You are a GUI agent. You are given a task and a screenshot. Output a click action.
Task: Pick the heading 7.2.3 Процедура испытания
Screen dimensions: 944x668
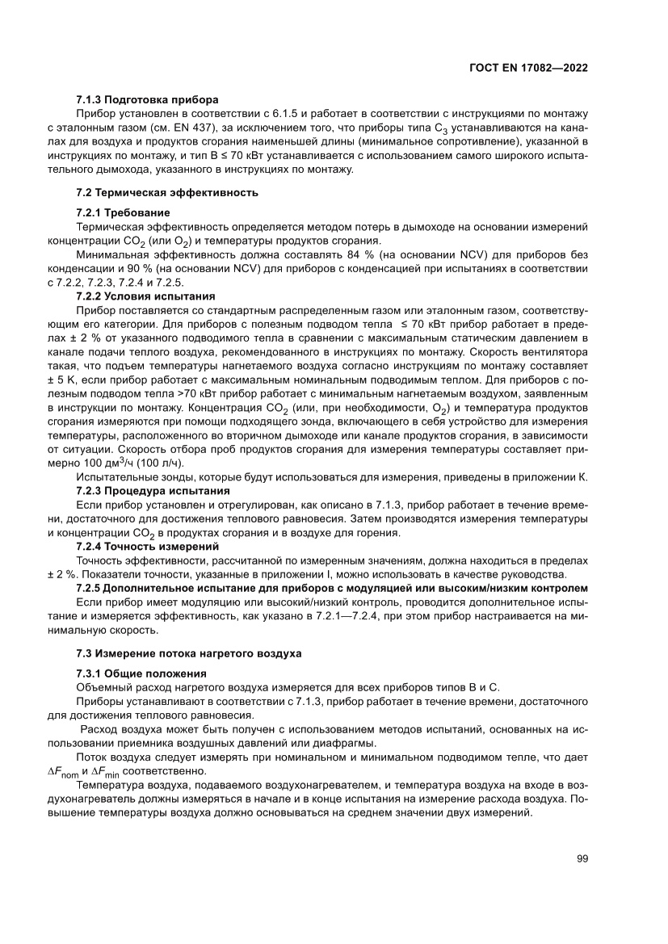[153, 490]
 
